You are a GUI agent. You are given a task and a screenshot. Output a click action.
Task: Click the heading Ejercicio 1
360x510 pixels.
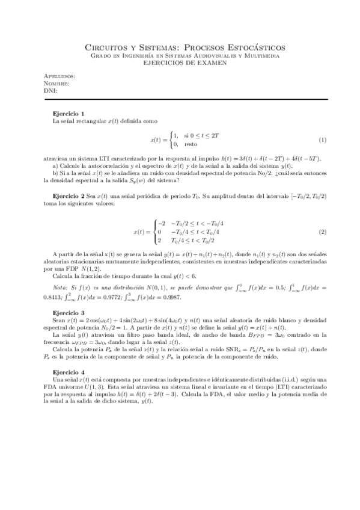pos(69,114)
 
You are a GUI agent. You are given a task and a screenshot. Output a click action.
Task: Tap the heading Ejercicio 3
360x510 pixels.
pos(69,312)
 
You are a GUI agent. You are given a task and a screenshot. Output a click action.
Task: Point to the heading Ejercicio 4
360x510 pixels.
pos(69,372)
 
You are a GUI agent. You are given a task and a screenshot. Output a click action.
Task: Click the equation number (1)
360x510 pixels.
pos(322,140)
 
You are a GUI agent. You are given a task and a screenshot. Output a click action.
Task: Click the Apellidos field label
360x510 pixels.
pos(60,77)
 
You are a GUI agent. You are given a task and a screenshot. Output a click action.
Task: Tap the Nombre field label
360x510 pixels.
pos(57,84)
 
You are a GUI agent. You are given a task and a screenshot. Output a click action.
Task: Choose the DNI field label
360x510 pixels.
pos(51,90)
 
